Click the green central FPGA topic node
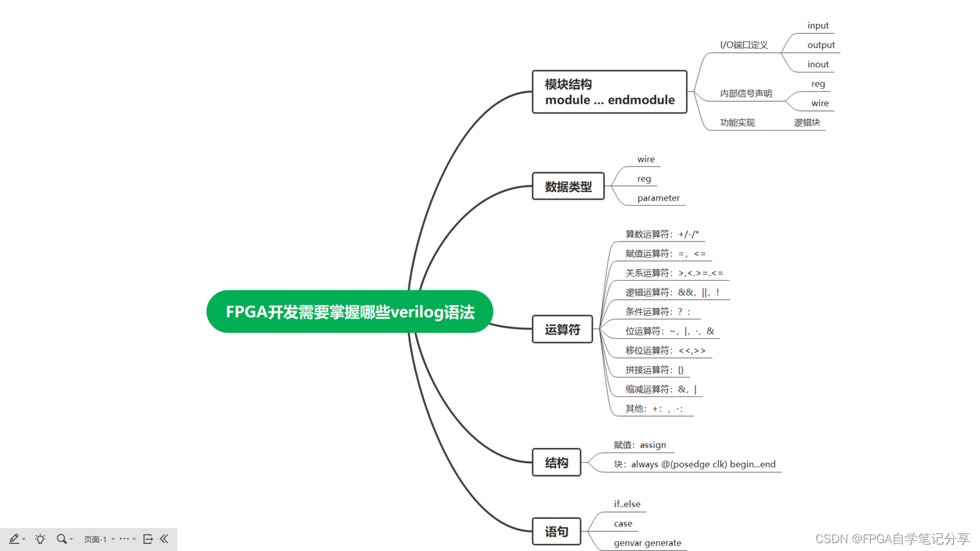coord(350,312)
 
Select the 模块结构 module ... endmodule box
coord(609,92)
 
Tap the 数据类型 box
coord(568,187)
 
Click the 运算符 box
coord(562,330)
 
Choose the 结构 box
coord(556,463)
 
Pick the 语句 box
coord(556,531)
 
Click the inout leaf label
coord(817,64)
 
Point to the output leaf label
coord(821,45)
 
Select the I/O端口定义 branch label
coord(743,45)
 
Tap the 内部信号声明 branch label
coord(745,93)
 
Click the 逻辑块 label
coord(807,122)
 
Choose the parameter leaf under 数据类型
coord(658,198)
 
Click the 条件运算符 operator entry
coord(657,311)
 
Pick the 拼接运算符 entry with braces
coord(654,370)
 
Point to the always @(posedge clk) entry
coord(694,464)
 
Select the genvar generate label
coord(647,543)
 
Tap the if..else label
coord(627,504)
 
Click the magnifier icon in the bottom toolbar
coord(61,539)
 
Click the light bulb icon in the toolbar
coord(40,539)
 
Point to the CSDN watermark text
coord(892,539)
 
